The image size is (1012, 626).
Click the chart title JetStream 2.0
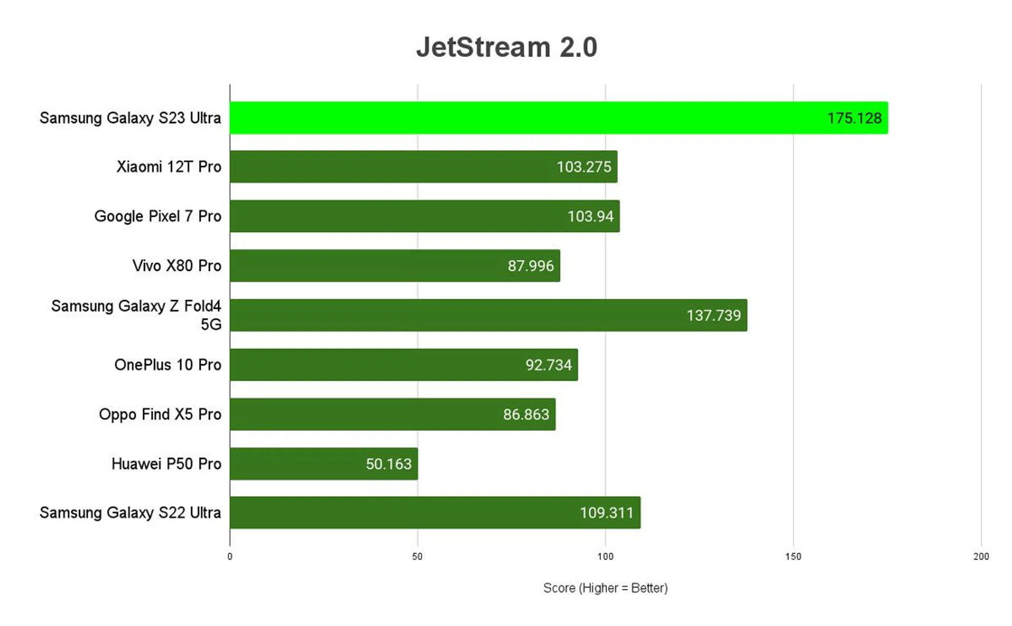507,47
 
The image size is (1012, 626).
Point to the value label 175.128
854,118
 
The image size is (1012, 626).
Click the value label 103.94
590,216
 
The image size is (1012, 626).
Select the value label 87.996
531,266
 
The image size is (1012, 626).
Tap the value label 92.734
548,365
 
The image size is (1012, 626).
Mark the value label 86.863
526,415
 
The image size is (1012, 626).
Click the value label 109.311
606,513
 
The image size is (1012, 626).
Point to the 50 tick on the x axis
417,556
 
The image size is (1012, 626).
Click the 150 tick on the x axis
793,556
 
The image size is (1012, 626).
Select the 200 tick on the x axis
981,556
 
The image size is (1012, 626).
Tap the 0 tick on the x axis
230,556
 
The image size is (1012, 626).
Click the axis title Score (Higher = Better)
605,588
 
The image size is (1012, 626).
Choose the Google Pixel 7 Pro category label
158,216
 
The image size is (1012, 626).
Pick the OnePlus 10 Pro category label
168,365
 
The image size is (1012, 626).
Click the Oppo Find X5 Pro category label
160,415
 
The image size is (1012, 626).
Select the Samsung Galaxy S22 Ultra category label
130,513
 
